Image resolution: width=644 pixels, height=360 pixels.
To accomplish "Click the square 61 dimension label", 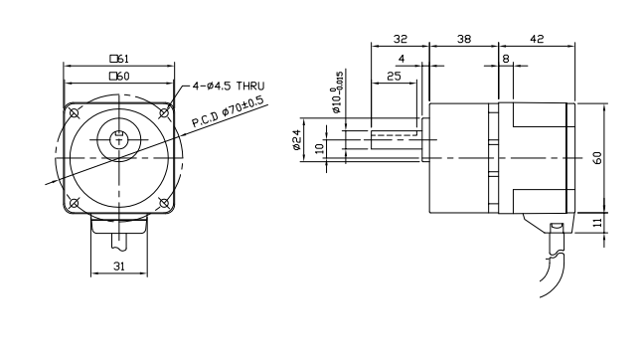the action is point(119,59).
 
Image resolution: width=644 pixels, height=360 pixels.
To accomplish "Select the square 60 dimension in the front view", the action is point(119,76).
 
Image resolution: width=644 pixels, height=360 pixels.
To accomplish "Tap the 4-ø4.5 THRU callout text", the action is point(229,86).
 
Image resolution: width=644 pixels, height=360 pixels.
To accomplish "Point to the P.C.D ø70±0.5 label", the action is point(228,111).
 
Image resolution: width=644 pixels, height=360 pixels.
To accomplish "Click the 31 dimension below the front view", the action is point(118,267).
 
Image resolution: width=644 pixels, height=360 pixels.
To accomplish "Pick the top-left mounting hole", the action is point(75,113).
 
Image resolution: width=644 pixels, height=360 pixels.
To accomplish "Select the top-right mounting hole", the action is point(164,113).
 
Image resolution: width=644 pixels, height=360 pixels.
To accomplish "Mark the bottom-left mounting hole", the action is point(75,203).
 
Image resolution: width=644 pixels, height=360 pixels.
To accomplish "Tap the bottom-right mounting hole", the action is point(164,203).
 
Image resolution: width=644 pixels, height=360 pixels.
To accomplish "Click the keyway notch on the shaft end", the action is point(119,133).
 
